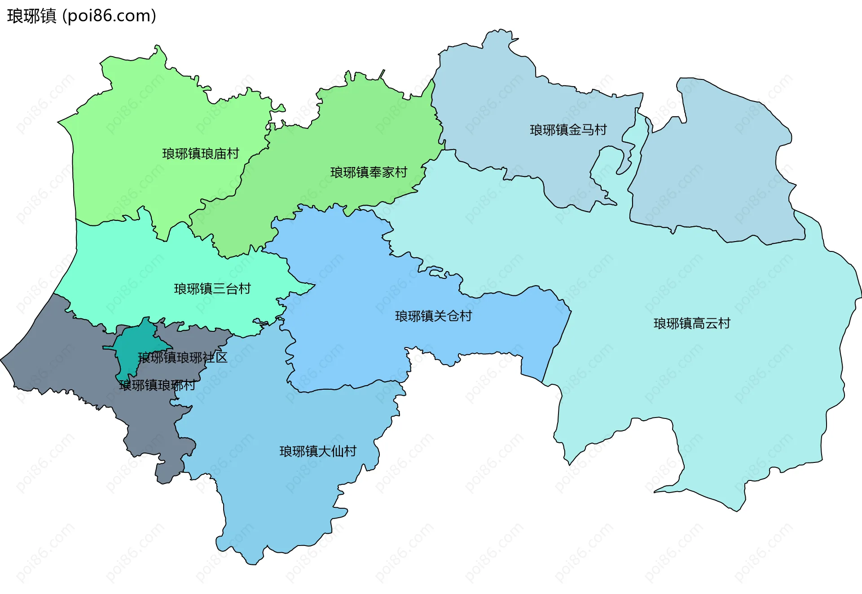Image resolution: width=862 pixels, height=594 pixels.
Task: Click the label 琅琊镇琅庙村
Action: click(x=200, y=154)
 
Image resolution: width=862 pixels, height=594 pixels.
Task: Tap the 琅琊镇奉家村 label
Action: click(x=369, y=172)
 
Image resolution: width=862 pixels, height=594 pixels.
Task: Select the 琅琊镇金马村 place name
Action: click(x=568, y=130)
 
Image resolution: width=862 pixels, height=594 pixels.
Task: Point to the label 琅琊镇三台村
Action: click(x=212, y=289)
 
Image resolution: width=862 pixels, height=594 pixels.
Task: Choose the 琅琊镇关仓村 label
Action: click(x=433, y=317)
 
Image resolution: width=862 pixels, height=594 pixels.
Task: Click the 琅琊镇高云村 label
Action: click(x=692, y=324)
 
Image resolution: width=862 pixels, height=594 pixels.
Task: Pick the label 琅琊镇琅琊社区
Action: click(x=183, y=358)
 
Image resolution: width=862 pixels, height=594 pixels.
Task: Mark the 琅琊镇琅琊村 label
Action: click(x=157, y=385)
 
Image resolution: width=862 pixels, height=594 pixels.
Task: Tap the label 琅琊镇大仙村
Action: click(x=318, y=451)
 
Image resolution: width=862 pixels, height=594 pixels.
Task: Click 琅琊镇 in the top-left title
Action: click(x=31, y=16)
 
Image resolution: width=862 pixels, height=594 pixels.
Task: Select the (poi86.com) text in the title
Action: click(x=109, y=16)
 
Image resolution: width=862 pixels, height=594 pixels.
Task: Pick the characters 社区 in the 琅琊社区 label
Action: click(x=215, y=358)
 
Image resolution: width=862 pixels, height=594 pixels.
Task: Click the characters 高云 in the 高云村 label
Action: click(x=704, y=324)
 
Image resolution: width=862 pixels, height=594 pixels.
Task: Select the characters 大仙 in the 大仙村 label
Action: click(x=330, y=451)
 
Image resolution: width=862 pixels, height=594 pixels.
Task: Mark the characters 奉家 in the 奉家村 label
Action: click(x=381, y=172)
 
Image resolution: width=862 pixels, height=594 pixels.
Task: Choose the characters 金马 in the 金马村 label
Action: click(x=581, y=130)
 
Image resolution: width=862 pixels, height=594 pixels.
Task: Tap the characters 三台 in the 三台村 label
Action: click(x=225, y=289)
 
